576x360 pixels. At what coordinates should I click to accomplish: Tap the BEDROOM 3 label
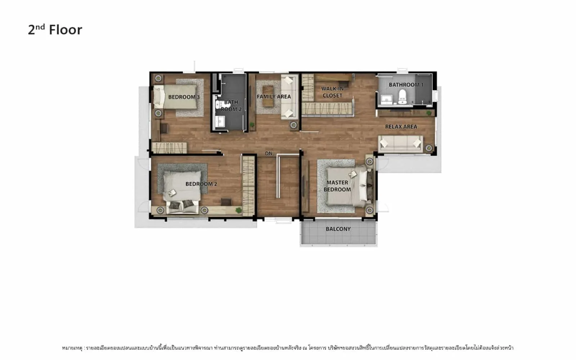pyautogui.click(x=184, y=97)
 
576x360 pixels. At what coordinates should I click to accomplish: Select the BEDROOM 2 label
pyautogui.click(x=201, y=184)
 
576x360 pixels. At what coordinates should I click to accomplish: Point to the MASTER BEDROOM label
pyautogui.click(x=337, y=186)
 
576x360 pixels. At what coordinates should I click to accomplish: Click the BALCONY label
pyautogui.click(x=338, y=229)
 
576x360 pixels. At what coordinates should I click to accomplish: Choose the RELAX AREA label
pyautogui.click(x=401, y=126)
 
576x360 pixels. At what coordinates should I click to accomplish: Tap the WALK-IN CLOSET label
pyautogui.click(x=333, y=92)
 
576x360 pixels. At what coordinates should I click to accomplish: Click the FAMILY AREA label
pyautogui.click(x=274, y=96)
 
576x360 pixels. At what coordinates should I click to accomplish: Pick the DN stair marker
pyautogui.click(x=269, y=153)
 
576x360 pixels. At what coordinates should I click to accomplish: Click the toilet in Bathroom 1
pyautogui.click(x=402, y=97)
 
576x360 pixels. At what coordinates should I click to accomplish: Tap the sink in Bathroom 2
pyautogui.click(x=220, y=121)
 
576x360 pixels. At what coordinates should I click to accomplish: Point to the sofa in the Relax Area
pyautogui.click(x=400, y=144)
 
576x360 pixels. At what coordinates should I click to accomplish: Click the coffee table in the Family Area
pyautogui.click(x=268, y=96)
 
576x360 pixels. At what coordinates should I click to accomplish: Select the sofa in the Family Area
pyautogui.click(x=289, y=97)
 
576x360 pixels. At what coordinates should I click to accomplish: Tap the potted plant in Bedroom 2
pyautogui.click(x=239, y=210)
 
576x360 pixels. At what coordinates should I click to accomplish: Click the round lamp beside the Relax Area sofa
pyautogui.click(x=428, y=148)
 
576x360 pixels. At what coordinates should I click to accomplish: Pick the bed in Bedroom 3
pyautogui.click(x=175, y=97)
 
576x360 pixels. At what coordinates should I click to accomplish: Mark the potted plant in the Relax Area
pyautogui.click(x=429, y=113)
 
